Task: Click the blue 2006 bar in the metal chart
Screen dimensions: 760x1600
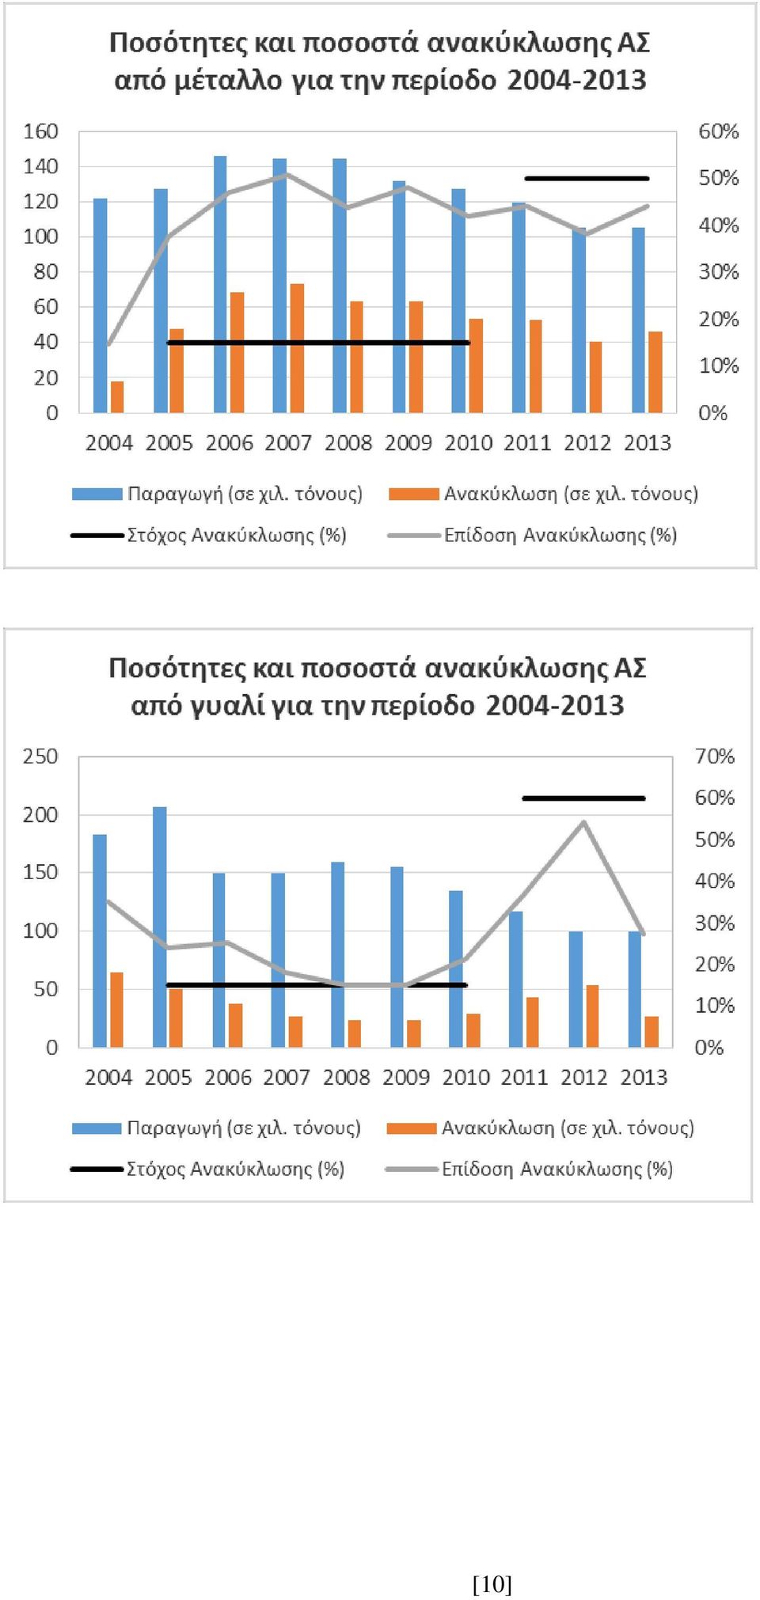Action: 220,284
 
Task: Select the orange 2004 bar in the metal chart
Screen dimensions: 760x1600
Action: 117,397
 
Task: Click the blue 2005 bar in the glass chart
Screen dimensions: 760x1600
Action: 160,927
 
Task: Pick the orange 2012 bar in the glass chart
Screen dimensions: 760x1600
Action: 592,1016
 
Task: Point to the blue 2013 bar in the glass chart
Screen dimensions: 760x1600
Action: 635,989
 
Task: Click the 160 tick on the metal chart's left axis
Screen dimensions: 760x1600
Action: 40,131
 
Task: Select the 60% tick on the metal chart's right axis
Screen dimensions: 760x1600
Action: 718,131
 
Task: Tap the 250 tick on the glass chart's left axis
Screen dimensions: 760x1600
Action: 40,756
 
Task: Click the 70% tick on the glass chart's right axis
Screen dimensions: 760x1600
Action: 715,756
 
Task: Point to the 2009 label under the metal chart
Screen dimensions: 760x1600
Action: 408,443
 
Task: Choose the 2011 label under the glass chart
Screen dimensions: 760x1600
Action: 525,1077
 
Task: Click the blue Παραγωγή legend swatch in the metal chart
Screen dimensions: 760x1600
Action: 97,495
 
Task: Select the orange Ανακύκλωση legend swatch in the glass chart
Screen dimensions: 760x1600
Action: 412,1128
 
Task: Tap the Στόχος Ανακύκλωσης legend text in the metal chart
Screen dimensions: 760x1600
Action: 237,536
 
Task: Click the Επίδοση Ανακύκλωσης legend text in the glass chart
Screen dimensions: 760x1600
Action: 557,1170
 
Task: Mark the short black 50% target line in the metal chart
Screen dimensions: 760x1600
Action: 587,179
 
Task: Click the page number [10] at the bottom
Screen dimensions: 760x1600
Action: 492,1584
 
